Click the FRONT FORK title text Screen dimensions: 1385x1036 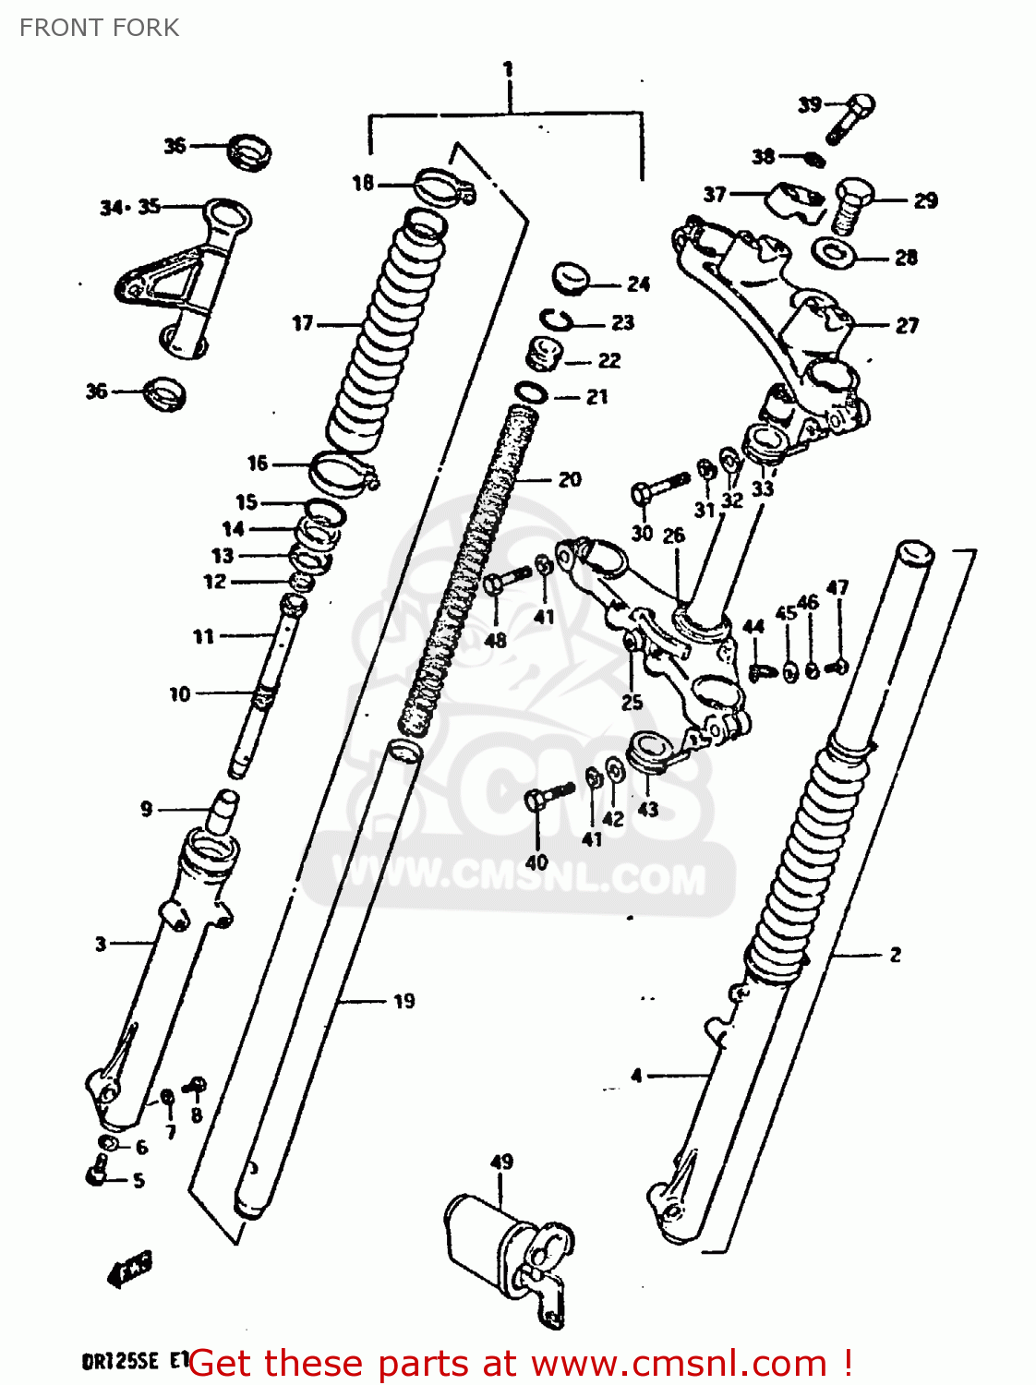click(x=99, y=28)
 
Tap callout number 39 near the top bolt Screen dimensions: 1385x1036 click(x=809, y=104)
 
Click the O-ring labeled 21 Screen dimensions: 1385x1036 click(x=530, y=392)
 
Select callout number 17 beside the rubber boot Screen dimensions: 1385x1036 click(x=303, y=323)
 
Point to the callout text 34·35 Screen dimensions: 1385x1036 click(x=130, y=208)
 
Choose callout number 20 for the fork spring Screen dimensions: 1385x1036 click(x=570, y=479)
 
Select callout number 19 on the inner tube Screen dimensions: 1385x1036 click(x=404, y=1001)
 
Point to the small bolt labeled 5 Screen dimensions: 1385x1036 click(x=97, y=1175)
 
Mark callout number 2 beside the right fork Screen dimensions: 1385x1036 click(x=895, y=955)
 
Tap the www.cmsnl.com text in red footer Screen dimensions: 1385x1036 click(x=679, y=1364)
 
